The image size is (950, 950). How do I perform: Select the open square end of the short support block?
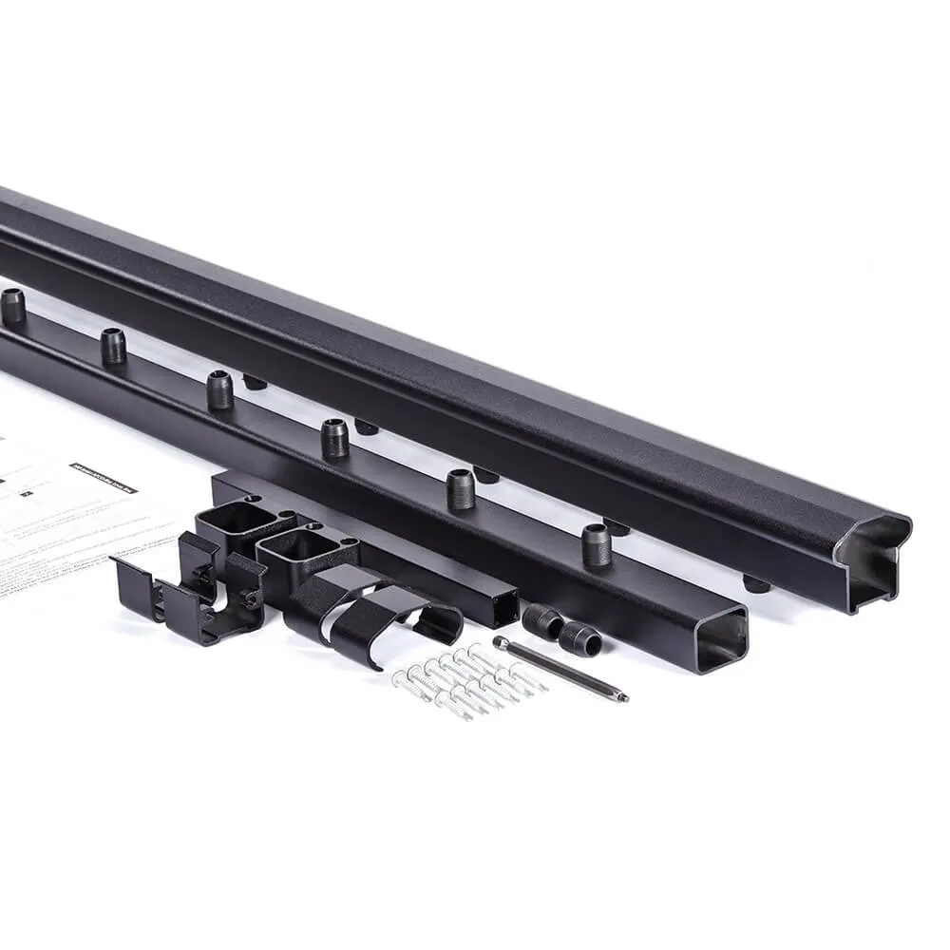500,605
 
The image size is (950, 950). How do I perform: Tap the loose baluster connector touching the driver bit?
579,638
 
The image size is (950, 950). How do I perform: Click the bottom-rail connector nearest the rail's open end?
596,544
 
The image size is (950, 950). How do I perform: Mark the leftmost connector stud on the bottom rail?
12,306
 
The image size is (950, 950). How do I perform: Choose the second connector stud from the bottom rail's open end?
460,488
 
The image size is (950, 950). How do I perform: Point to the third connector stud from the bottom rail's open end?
333,438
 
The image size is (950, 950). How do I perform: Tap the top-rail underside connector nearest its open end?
756,583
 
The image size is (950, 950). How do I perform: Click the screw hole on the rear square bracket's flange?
250,498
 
